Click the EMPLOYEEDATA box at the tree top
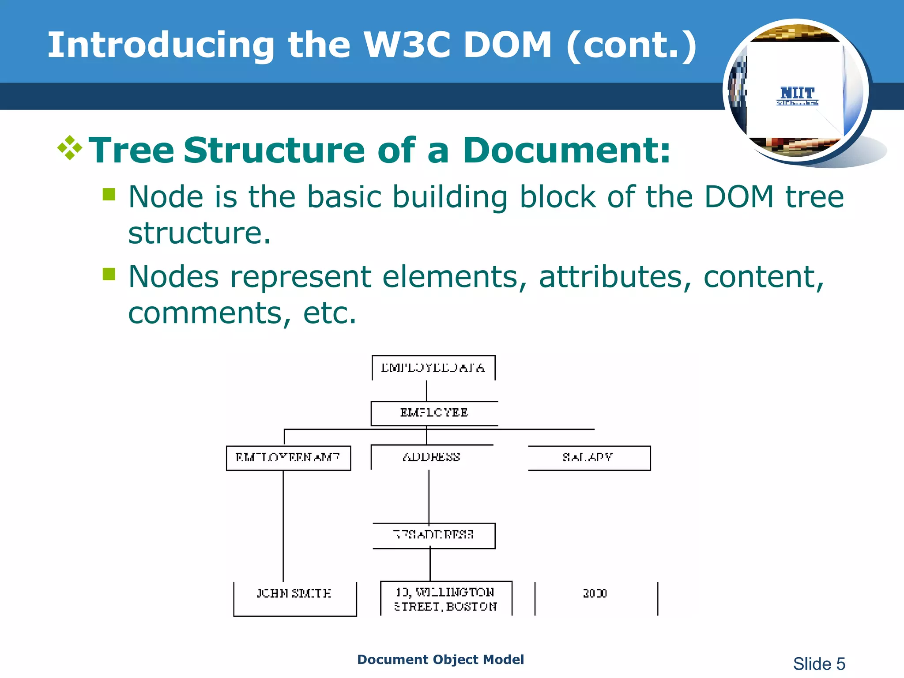tap(433, 368)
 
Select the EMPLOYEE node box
tap(434, 413)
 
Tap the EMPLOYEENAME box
tap(288, 458)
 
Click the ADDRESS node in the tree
tap(432, 457)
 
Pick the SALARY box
tap(588, 458)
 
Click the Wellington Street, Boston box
tap(446, 599)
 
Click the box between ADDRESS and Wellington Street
tap(434, 535)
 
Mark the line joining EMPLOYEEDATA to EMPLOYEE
tap(426, 391)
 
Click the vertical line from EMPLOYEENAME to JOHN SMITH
tap(283, 525)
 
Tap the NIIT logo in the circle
tap(797, 95)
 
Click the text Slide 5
tap(819, 663)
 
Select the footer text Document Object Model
tap(440, 659)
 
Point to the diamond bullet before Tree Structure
tap(70, 148)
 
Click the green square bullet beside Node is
tap(109, 194)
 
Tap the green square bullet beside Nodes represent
tap(109, 274)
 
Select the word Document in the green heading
tap(566, 150)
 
